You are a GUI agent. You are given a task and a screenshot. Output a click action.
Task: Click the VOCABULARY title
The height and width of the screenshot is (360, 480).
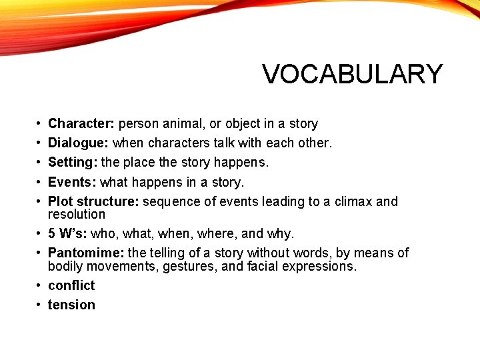pyautogui.click(x=352, y=74)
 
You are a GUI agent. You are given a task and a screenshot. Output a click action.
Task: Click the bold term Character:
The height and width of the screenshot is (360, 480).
pyautogui.click(x=81, y=124)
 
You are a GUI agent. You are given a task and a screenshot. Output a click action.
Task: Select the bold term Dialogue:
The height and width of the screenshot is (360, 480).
pyautogui.click(x=79, y=143)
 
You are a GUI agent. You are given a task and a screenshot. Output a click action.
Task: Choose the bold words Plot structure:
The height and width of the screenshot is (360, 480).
pyautogui.click(x=93, y=201)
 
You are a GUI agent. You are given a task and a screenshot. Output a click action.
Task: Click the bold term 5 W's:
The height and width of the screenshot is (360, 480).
pyautogui.click(x=67, y=234)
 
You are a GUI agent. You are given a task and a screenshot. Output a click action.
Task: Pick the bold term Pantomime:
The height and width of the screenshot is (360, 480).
pyautogui.click(x=86, y=253)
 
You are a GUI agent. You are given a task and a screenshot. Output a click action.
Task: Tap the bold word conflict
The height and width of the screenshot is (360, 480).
pyautogui.click(x=71, y=285)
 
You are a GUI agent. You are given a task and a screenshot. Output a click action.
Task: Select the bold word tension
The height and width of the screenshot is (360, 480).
pyautogui.click(x=71, y=305)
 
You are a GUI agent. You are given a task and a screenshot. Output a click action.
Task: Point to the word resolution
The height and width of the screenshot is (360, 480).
pyautogui.click(x=77, y=215)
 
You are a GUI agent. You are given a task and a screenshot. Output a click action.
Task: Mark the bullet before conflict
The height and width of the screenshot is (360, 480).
pyautogui.click(x=41, y=285)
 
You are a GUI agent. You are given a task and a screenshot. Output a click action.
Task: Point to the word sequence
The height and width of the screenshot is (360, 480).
pyautogui.click(x=169, y=201)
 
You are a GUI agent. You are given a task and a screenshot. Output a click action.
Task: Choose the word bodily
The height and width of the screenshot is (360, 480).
pyautogui.click(x=67, y=267)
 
